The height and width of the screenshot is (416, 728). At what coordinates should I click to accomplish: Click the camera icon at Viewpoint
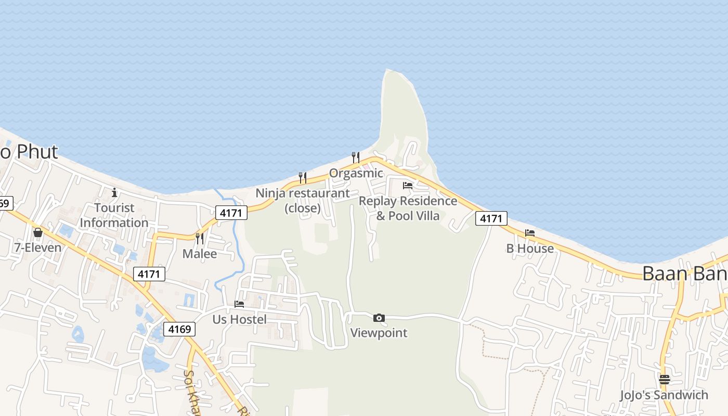[x=379, y=318]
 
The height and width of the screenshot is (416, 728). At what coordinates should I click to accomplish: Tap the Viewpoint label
[x=379, y=333]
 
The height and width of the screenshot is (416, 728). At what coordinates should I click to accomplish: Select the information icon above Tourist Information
[x=114, y=193]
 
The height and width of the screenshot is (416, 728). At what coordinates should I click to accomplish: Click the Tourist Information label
[x=114, y=215]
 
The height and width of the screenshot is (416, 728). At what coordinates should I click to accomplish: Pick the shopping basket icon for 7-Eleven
[x=37, y=232]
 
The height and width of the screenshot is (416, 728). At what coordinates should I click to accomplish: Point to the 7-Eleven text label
[x=38, y=248]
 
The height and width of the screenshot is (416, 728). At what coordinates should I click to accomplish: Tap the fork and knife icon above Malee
[x=199, y=238]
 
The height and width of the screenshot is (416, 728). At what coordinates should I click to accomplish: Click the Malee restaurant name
[x=200, y=254]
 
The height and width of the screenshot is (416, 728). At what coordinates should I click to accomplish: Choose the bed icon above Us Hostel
[x=239, y=304]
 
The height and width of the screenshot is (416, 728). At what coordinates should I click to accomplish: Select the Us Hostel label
[x=239, y=319]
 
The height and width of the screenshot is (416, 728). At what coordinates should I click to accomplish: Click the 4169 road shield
[x=180, y=329]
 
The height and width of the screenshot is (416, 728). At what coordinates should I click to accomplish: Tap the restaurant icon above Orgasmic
[x=356, y=157]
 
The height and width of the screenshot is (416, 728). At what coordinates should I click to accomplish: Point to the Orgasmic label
[x=356, y=173]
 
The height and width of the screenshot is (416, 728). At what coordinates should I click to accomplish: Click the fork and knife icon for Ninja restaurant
[x=302, y=178]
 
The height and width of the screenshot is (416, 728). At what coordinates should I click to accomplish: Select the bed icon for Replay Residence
[x=408, y=185]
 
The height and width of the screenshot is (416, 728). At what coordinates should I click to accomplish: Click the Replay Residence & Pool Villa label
[x=408, y=208]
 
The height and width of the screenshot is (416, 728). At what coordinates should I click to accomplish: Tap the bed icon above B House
[x=530, y=233]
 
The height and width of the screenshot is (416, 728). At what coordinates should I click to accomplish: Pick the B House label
[x=530, y=249]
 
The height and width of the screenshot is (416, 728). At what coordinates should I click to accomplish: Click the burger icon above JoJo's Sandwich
[x=664, y=380]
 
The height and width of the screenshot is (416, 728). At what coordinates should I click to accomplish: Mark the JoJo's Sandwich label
[x=664, y=395]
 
